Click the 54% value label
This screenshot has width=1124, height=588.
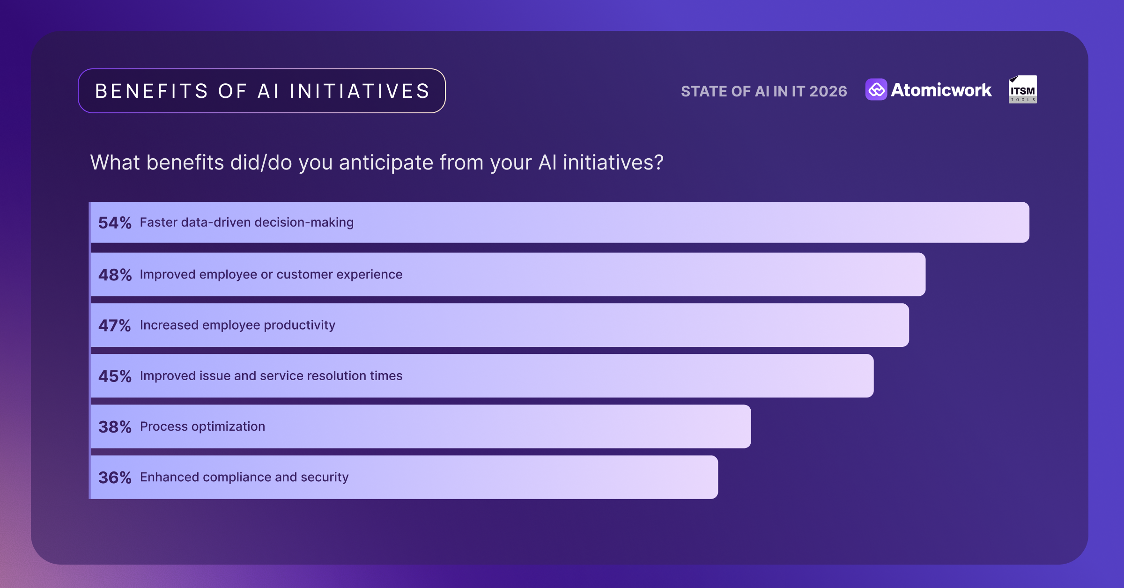115,223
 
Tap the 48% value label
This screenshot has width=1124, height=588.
115,275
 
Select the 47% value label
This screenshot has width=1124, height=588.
114,325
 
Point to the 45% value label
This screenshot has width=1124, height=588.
115,376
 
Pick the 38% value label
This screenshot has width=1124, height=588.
115,427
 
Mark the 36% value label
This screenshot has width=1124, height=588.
115,478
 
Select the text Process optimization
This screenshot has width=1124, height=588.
202,426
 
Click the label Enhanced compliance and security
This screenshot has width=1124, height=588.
244,477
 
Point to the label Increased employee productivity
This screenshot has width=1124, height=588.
237,325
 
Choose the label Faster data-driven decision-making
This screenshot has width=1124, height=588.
246,222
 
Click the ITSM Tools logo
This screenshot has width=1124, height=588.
1022,89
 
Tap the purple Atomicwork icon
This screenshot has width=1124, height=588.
876,89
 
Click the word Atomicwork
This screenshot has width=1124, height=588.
941,90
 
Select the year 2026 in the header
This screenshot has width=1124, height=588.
828,91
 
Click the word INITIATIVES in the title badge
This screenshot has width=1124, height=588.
360,91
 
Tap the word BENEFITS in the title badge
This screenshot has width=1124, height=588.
151,91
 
